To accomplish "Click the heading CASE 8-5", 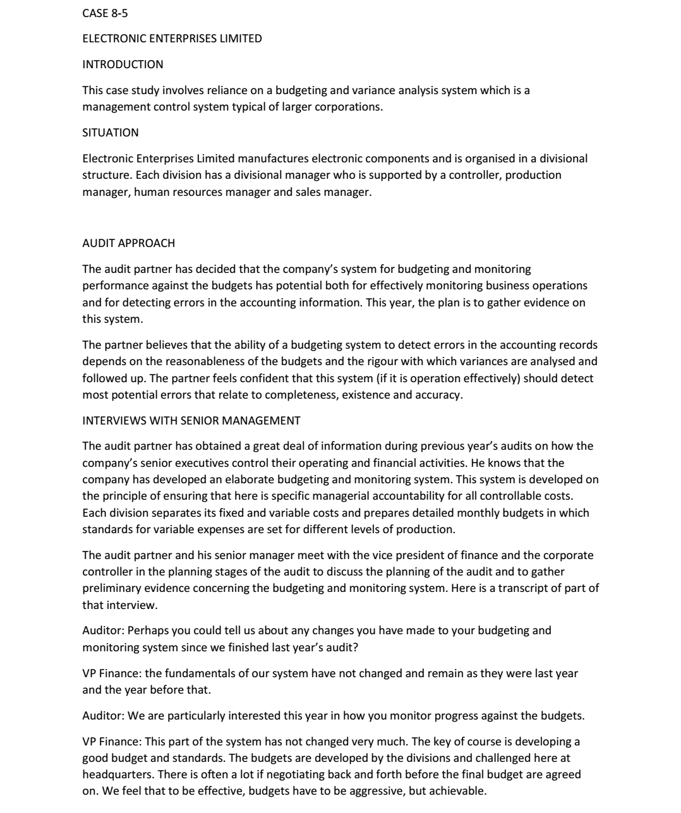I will click(105, 13).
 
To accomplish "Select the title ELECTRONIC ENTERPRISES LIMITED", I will click(172, 39).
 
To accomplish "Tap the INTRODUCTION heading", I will click(123, 64).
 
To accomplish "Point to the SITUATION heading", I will click(111, 133).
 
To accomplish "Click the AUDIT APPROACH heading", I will click(129, 243).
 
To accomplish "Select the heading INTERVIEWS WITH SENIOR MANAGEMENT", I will click(191, 420).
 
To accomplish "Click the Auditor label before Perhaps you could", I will click(103, 630).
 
